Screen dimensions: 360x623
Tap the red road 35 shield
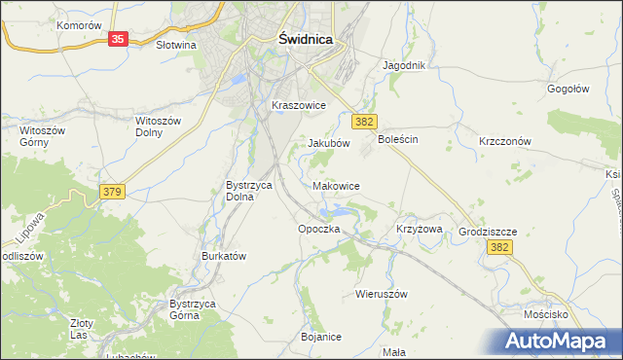[118, 39]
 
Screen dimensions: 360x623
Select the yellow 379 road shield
[111, 194]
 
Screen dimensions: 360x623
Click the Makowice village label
[337, 185]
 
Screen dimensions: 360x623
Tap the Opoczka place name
[318, 229]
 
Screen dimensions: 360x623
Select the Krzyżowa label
[420, 229]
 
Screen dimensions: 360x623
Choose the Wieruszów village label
[381, 293]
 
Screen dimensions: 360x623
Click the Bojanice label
[321, 337]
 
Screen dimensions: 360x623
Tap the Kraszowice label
[298, 105]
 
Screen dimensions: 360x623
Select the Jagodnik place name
[405, 66]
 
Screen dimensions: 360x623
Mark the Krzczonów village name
[504, 141]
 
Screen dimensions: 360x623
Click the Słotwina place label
[176, 45]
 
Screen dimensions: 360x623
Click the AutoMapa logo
[558, 341]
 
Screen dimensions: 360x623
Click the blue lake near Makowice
[341, 210]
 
